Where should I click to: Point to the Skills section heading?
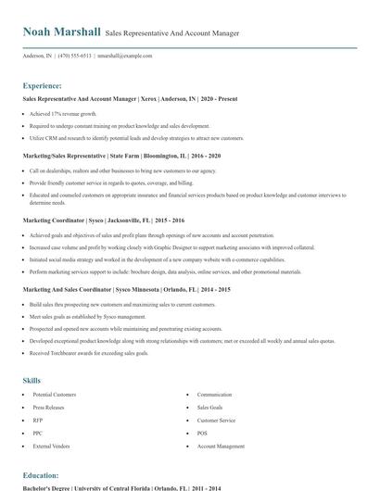point(32,380)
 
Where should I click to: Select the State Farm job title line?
point(121,157)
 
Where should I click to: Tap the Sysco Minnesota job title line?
point(126,290)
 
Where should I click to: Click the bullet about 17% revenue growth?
point(64,113)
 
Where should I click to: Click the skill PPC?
point(37,433)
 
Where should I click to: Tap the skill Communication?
point(214,395)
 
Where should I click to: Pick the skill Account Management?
point(219,446)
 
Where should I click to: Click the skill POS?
point(202,433)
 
